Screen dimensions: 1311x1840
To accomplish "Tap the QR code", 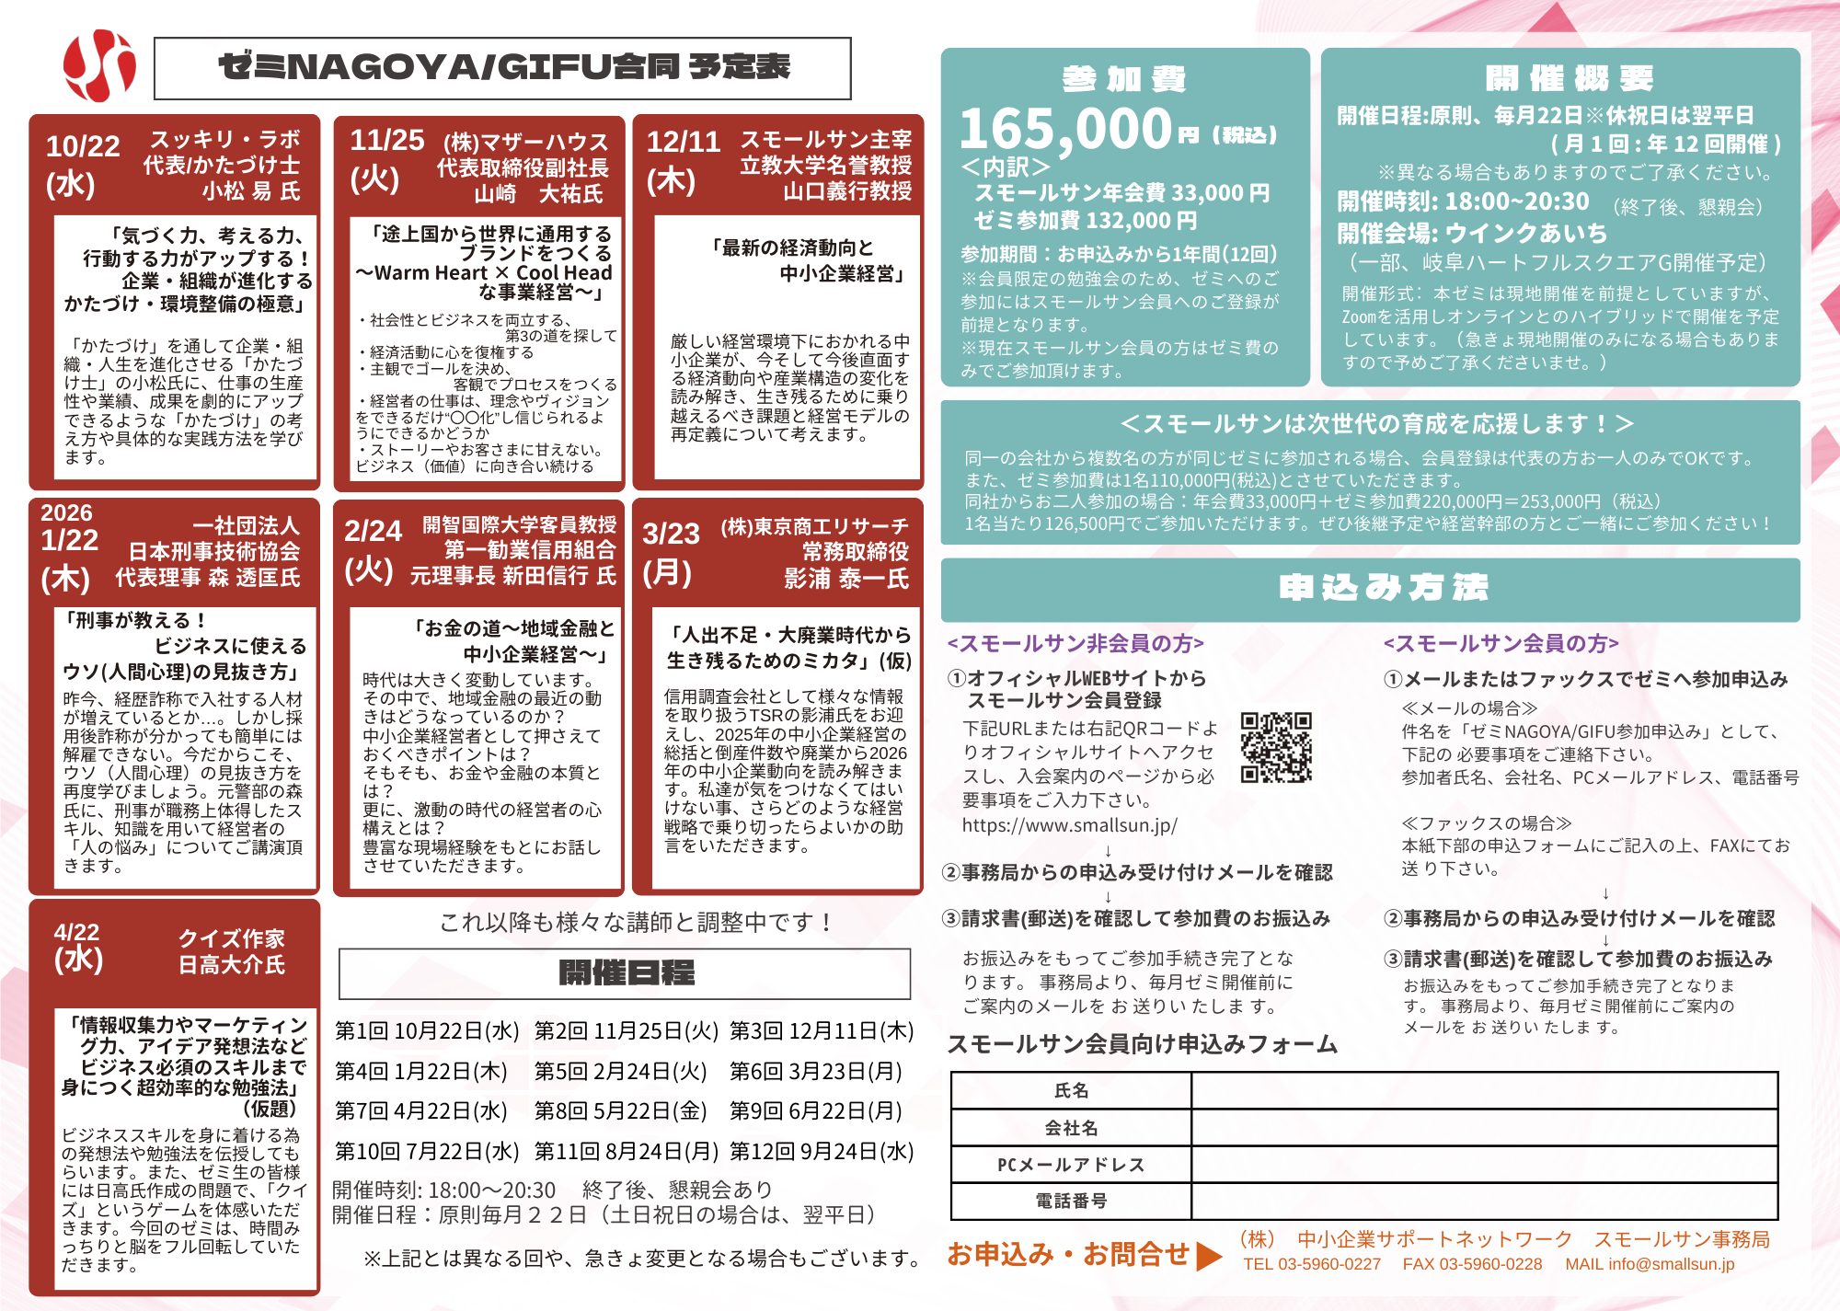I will [x=1275, y=747].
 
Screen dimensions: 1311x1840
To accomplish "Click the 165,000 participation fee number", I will [x=1065, y=128].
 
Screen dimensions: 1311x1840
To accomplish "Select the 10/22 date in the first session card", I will [x=83, y=146].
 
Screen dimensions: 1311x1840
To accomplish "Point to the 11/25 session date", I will [x=386, y=140].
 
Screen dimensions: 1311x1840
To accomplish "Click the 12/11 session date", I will [x=683, y=142].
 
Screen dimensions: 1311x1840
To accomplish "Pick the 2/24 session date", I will [x=373, y=531].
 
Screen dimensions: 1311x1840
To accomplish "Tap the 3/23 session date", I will [x=671, y=534].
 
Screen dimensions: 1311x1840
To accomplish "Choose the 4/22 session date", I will [x=76, y=932].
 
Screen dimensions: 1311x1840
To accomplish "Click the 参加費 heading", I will [x=1123, y=79].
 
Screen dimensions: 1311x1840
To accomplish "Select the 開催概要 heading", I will [x=1569, y=79].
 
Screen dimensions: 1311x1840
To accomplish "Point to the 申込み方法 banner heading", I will [x=1383, y=587].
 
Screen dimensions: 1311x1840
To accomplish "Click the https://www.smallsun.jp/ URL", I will [x=1069, y=825].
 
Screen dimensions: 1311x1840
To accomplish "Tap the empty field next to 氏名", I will [x=1483, y=1091].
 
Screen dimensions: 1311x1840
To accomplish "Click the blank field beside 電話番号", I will [x=1483, y=1201].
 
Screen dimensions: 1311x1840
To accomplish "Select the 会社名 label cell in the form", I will [x=1071, y=1128].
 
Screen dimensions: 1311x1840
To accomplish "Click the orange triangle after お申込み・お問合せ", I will [x=1209, y=1256].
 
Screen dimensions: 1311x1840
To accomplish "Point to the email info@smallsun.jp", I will [x=1650, y=1264].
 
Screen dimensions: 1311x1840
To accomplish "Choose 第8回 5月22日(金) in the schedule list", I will [x=620, y=1111].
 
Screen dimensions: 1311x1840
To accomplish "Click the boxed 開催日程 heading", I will [x=626, y=972].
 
